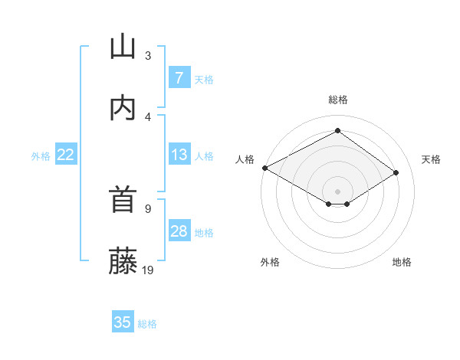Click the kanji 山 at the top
point(123,47)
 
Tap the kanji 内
point(123,109)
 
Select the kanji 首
point(123,201)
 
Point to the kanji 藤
point(123,262)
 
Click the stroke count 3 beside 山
point(148,55)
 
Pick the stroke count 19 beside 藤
point(149,270)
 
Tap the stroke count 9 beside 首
point(148,208)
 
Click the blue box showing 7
point(179,78)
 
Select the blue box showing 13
point(179,155)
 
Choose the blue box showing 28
point(179,231)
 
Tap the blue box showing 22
point(66,155)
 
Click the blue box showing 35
point(123,322)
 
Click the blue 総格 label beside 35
point(147,324)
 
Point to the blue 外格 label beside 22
point(41,156)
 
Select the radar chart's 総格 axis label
point(337,100)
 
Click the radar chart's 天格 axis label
point(431,159)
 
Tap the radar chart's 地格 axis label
point(402,262)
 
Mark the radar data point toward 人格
point(264,168)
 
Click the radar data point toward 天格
point(396,173)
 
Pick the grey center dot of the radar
point(337,191)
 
